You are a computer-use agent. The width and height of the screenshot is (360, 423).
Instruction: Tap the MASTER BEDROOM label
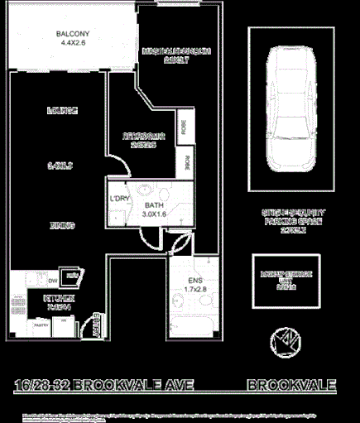(x=177, y=50)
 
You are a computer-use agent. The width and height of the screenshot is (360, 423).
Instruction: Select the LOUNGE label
(x=62, y=110)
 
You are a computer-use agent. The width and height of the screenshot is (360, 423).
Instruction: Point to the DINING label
(x=62, y=224)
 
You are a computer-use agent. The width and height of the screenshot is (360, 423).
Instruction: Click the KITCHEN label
(x=60, y=297)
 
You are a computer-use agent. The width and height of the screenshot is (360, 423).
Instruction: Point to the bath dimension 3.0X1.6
(x=155, y=214)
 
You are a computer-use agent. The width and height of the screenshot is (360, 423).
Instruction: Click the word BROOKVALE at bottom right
(x=291, y=385)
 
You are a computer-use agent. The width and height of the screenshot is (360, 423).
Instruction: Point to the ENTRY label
(x=98, y=324)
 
